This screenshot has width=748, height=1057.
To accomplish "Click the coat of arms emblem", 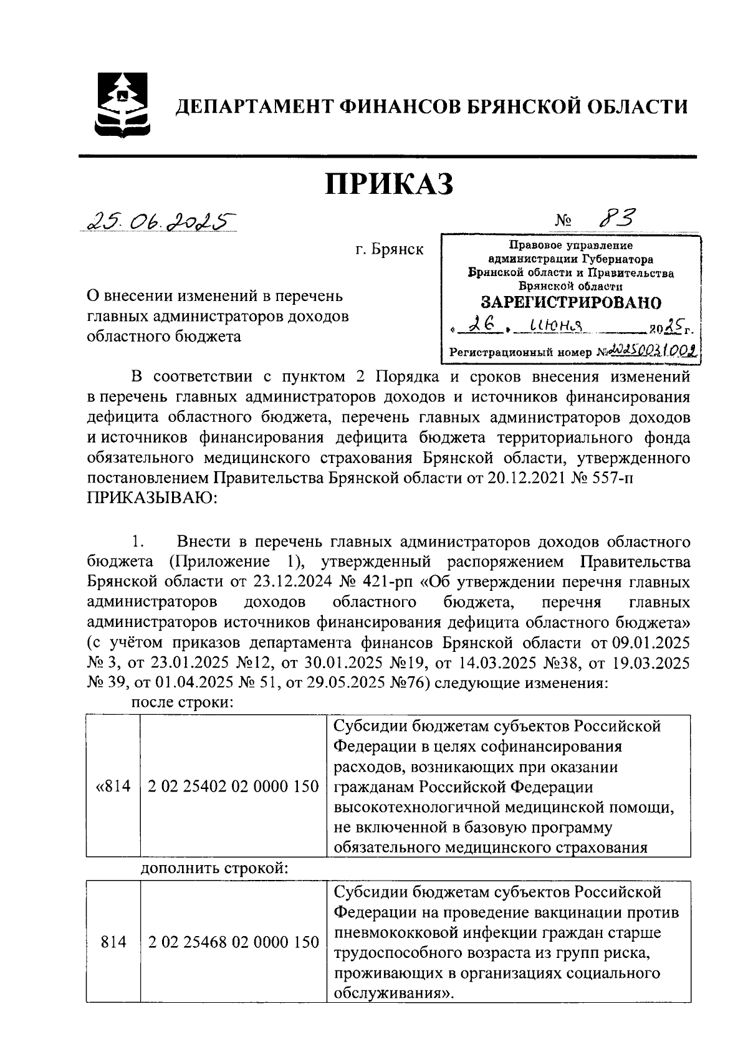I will pos(122,105).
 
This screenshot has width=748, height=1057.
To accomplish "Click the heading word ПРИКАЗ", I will pos(390,184).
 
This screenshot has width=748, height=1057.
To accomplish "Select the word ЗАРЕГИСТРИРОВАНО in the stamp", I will pos(570,303).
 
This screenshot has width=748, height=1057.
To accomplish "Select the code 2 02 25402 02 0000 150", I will pos(234,787).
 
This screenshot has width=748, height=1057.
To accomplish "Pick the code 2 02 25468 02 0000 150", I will pos(234,942).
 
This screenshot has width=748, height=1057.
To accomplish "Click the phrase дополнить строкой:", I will pos(214,868).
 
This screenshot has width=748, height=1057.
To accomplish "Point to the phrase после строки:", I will pos(182,703).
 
